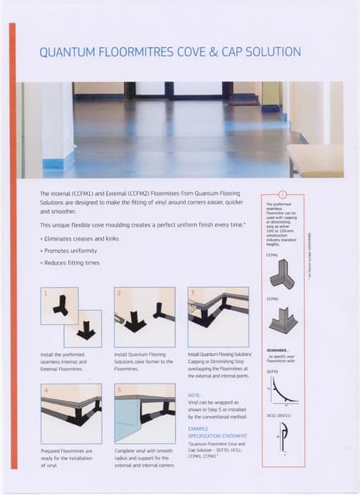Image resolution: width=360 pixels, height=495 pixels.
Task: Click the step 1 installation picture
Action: tap(71, 317)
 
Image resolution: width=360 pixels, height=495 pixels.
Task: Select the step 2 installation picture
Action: tap(144, 317)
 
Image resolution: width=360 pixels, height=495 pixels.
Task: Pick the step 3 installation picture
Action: tap(218, 317)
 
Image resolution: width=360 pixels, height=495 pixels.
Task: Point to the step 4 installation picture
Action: tap(71, 414)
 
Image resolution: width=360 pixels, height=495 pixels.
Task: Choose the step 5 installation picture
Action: tap(144, 414)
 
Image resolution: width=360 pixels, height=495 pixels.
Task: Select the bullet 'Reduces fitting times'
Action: tap(70, 263)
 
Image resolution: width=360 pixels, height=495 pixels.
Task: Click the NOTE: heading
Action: tap(194, 395)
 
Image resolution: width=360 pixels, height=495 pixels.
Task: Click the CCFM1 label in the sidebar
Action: tap(273, 254)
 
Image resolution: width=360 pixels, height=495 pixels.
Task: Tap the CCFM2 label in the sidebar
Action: tap(273, 299)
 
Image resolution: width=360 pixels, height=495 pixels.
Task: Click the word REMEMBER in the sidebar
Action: tap(277, 350)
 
